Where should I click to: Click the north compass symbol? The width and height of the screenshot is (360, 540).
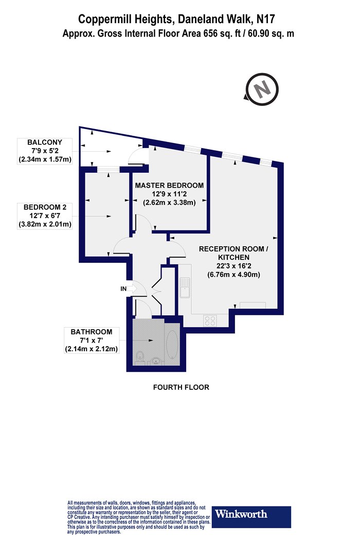pyautogui.click(x=262, y=89)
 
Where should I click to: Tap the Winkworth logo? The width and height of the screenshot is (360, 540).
pyautogui.click(x=251, y=516)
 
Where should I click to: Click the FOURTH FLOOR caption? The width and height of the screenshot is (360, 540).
pyautogui.click(x=181, y=387)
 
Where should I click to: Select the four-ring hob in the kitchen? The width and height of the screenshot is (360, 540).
pyautogui.click(x=210, y=320)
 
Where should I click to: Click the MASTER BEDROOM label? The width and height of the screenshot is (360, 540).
pyautogui.click(x=169, y=185)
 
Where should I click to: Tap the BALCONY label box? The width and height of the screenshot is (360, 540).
pyautogui.click(x=45, y=151)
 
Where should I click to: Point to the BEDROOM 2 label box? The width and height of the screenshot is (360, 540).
pyautogui.click(x=45, y=216)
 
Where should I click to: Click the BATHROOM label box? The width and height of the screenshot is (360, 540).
pyautogui.click(x=92, y=340)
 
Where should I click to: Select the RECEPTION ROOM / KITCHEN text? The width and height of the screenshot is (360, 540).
pyautogui.click(x=233, y=253)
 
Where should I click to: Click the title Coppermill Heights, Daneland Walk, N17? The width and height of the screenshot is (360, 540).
pyautogui.click(x=177, y=20)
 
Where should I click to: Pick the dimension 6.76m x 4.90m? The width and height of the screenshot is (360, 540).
pyautogui.click(x=233, y=275)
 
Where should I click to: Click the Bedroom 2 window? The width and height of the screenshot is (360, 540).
pyautogui.click(x=109, y=169)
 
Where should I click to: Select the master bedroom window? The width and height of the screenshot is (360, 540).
pyautogui.click(x=192, y=149)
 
